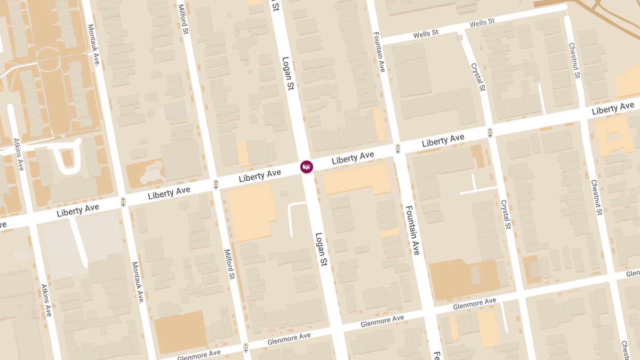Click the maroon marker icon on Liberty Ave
[306, 167]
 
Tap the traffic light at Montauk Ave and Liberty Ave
[123, 202]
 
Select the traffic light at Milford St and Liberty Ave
[216, 185]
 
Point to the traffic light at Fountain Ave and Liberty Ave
[398, 149]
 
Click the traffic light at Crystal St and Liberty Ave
[490, 132]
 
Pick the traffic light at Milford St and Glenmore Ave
[246, 348]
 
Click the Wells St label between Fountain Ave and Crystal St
[426, 33]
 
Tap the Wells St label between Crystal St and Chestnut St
[482, 22]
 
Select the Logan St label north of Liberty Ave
[288, 74]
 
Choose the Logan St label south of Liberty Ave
[321, 249]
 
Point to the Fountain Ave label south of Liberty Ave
[413, 230]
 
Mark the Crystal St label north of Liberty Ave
[478, 77]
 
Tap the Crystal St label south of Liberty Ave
[506, 214]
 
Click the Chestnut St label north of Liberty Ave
[574, 60]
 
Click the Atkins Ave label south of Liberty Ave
[46, 300]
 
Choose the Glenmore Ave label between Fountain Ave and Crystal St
[474, 304]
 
